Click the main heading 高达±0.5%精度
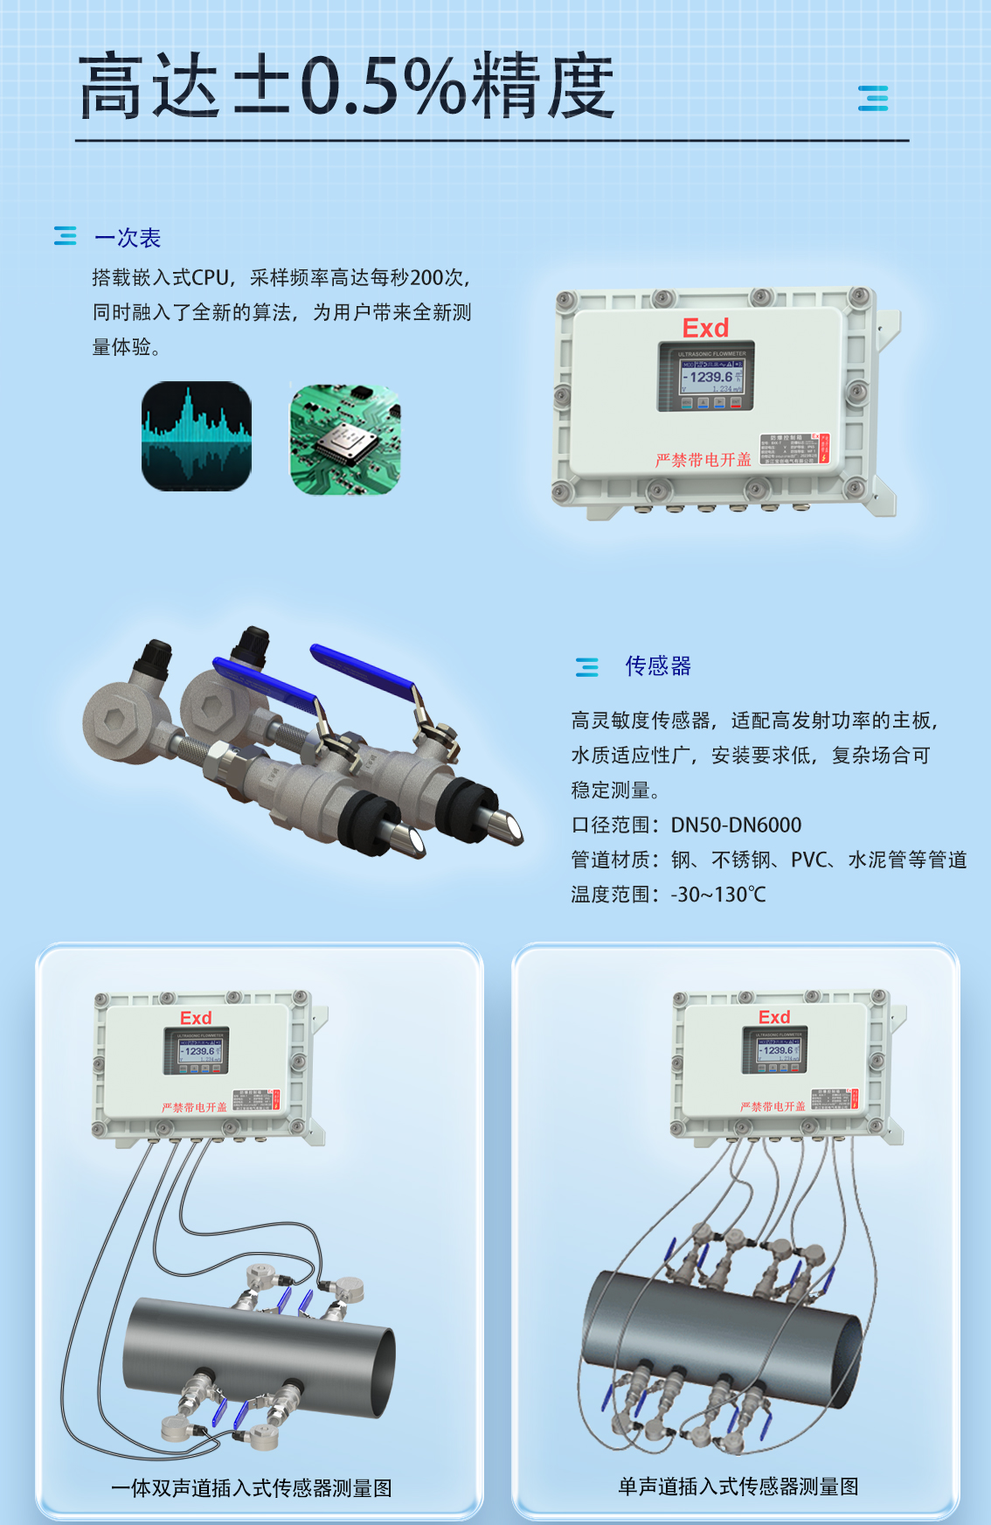pos(346,86)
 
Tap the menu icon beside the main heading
pos(872,98)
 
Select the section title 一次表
pos(128,238)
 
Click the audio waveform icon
pos(197,435)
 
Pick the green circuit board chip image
pos(345,439)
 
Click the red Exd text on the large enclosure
pos(705,328)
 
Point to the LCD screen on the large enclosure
pos(706,377)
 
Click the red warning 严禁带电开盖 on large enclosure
pos(703,460)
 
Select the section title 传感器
pos(658,666)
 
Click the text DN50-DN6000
pos(736,825)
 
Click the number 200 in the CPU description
pos(426,278)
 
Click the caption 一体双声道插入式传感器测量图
pos(252,1487)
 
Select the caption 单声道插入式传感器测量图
pos(738,1486)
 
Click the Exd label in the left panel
pos(196,1018)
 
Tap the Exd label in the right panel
pos(774,1017)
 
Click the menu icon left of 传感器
pos(587,667)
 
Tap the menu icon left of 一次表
pos(66,236)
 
